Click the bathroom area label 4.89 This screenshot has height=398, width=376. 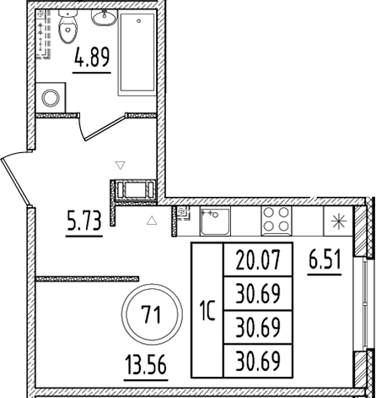pos(92,61)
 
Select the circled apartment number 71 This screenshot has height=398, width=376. pos(152,315)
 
